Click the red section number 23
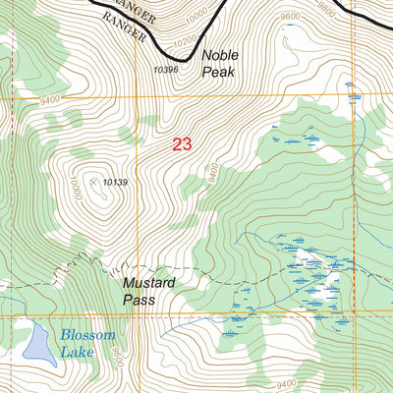coord(182,143)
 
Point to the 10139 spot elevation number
coord(116,182)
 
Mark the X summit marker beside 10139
coord(94,182)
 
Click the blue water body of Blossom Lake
coord(38,342)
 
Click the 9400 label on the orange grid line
coord(50,99)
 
